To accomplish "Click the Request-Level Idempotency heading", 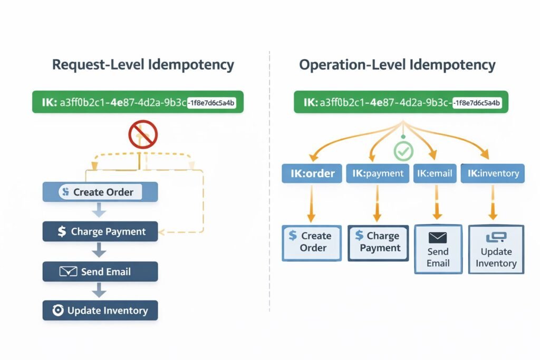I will point(143,65).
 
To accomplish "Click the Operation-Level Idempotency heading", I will point(397,65).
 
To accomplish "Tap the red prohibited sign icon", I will point(143,134).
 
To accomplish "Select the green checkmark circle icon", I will point(403,151).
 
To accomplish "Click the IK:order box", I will point(312,173).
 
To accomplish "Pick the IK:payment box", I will point(377,173).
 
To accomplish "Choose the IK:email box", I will point(435,173).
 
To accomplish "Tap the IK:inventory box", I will point(493,173).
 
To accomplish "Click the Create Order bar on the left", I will point(100,192).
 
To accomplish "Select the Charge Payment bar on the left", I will point(100,231).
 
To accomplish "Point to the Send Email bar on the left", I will point(100,272).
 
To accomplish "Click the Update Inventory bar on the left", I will point(100,311).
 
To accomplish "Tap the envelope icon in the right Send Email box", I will point(438,237).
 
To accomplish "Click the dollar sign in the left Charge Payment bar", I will point(62,231).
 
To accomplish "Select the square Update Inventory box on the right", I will point(496,250).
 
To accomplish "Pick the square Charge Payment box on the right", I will point(378,243).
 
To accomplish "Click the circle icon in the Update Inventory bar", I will point(58,311).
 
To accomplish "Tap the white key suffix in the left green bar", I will point(212,103).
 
